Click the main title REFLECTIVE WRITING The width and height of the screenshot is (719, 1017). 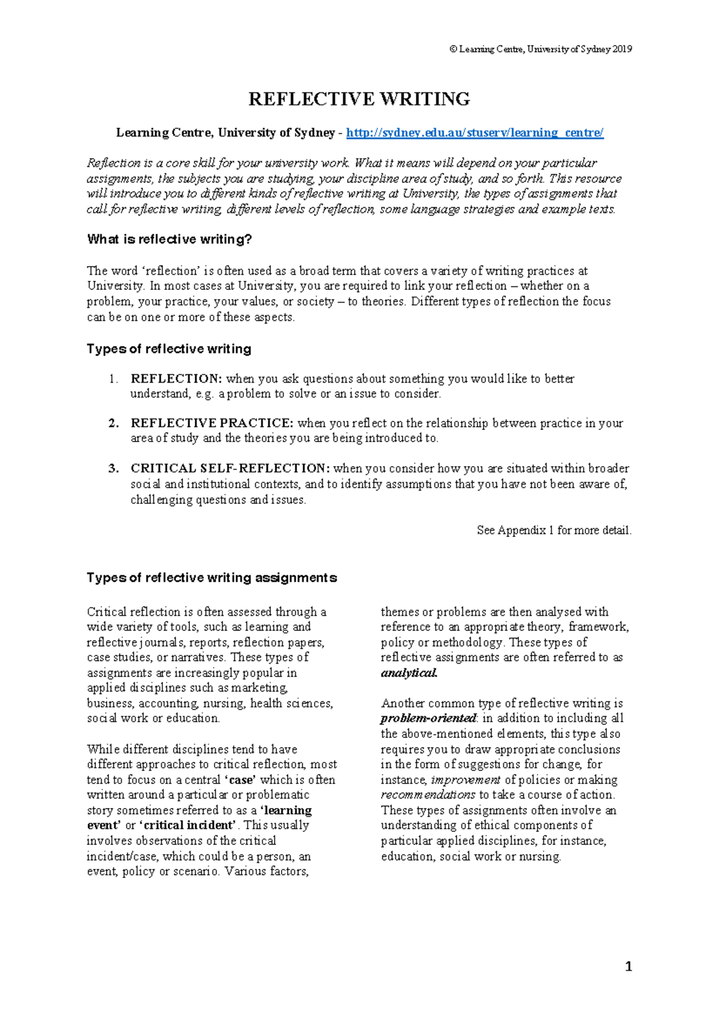(359, 99)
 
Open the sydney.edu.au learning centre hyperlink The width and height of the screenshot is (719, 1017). (475, 133)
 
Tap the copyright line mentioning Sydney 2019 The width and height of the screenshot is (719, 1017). (540, 49)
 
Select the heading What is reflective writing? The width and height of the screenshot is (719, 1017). (170, 240)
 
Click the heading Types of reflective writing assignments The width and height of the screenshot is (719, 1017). (212, 578)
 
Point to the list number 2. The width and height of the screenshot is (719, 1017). (113, 423)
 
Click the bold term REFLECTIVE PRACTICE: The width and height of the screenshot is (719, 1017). (212, 423)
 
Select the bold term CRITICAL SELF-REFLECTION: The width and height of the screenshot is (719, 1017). (230, 468)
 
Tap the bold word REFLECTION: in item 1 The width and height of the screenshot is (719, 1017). (176, 379)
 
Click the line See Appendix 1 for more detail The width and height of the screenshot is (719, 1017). (554, 530)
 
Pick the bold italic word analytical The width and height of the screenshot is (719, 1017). (409, 673)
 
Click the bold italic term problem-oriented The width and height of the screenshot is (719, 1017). (428, 718)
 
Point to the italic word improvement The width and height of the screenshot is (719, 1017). (466, 780)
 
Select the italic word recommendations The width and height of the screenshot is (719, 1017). (428, 795)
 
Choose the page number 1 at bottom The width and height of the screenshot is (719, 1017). (628, 966)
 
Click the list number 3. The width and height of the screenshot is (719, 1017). (113, 468)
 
